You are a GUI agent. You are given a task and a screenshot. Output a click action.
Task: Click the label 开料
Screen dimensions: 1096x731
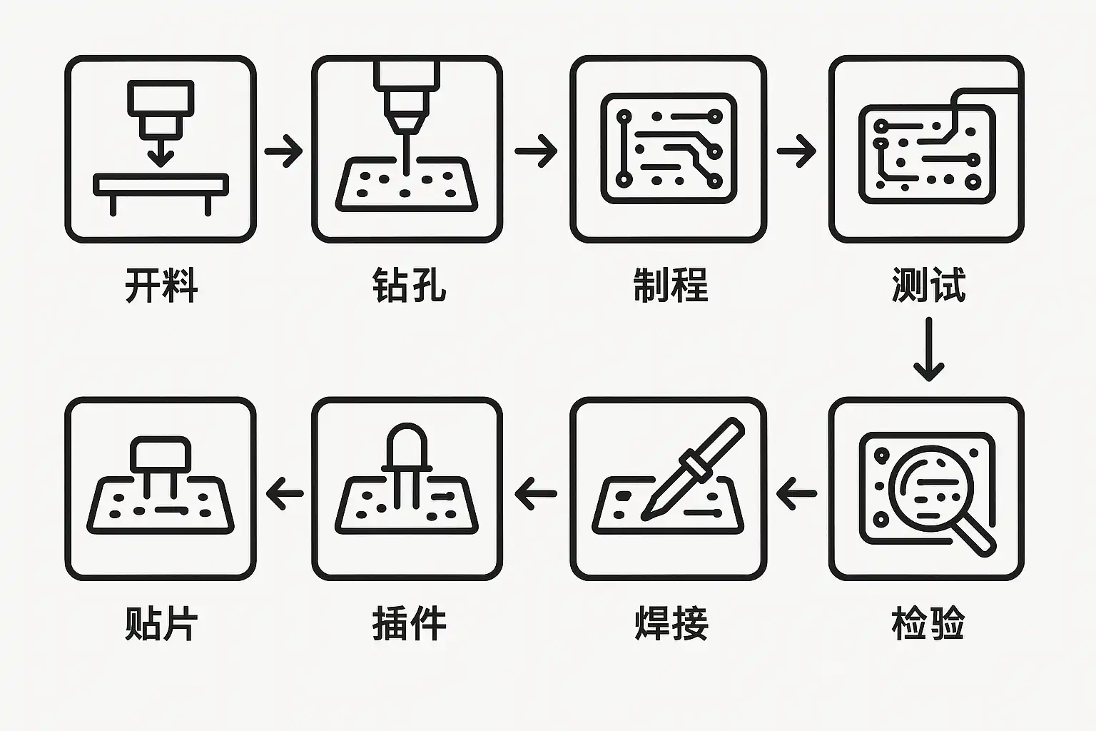[161, 285]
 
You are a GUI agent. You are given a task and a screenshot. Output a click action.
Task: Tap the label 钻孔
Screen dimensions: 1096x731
[409, 285]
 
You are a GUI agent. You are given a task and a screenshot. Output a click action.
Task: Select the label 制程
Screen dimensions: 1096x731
[670, 285]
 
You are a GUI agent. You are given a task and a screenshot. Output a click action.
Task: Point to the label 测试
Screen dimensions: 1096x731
[928, 285]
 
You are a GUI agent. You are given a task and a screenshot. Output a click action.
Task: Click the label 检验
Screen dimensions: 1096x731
[928, 622]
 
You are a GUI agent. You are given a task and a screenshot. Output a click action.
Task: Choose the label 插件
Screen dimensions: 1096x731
[409, 622]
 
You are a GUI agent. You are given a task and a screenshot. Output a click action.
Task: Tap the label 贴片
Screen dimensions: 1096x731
[161, 622]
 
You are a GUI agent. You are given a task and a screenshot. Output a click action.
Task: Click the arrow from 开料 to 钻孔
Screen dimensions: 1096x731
[283, 151]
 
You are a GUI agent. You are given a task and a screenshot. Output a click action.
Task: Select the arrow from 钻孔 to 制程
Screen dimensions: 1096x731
[536, 151]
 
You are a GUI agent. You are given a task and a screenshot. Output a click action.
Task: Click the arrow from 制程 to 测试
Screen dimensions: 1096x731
[796, 151]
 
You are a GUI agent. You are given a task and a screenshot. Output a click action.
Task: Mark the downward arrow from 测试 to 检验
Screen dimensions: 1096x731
[928, 349]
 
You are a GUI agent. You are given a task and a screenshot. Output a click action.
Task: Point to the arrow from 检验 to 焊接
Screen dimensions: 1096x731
[796, 493]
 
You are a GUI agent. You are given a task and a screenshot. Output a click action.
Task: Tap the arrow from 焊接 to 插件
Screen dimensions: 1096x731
[536, 493]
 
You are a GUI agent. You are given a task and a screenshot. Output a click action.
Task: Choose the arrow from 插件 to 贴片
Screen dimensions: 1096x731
[285, 493]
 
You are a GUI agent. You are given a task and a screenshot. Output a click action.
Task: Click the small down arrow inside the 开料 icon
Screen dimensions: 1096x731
[161, 153]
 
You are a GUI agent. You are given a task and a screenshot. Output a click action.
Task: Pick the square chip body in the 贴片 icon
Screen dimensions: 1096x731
[161, 454]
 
